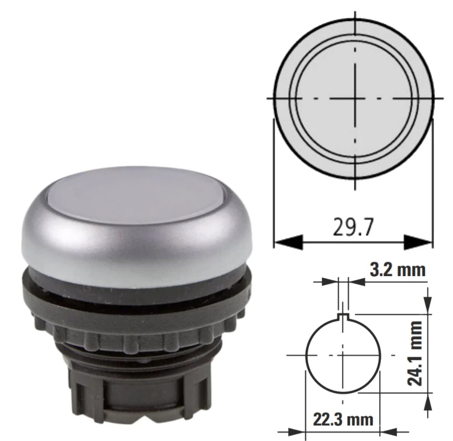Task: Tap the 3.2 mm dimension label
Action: (398, 270)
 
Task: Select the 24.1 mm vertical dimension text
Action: (415, 353)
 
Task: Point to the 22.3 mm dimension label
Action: (343, 420)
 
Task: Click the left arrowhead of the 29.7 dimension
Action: (288, 241)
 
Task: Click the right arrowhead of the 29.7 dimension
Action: (418, 242)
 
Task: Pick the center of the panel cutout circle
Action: (343, 355)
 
